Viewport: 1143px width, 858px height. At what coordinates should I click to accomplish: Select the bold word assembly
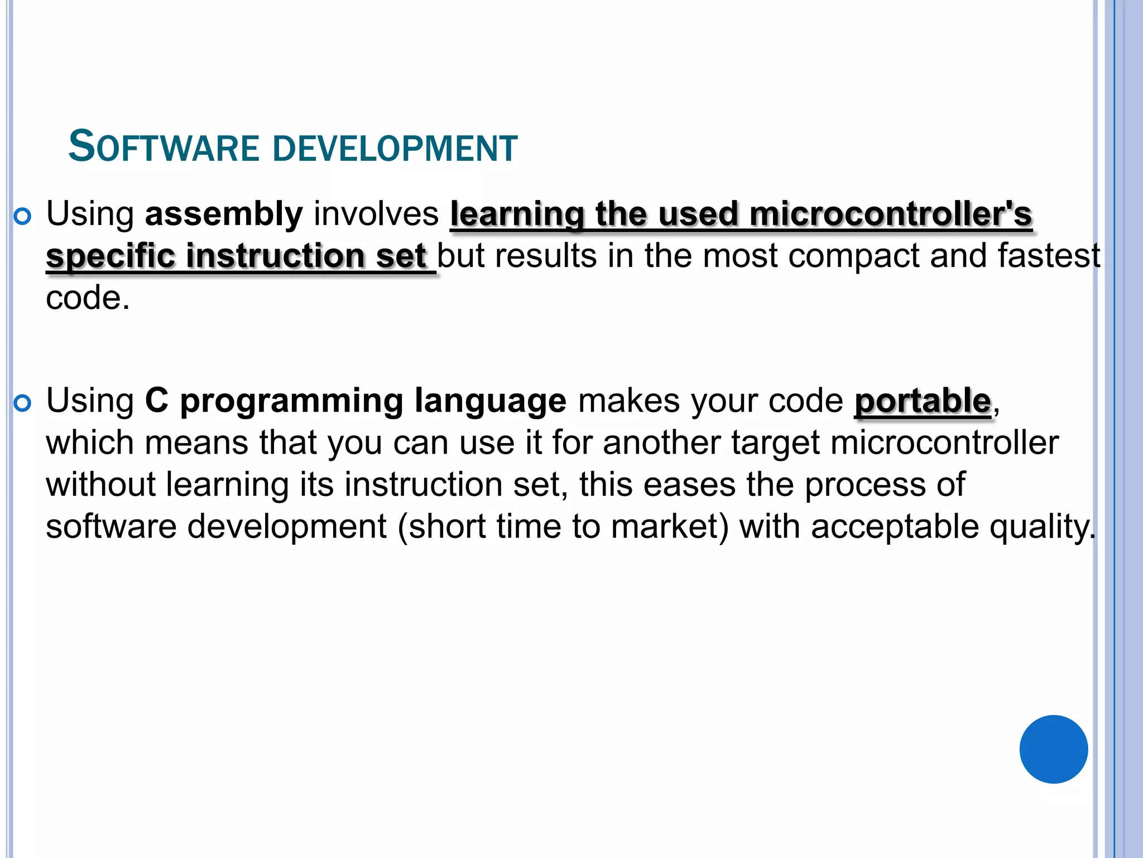(224, 214)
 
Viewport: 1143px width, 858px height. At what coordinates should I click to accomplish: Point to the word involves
(376, 214)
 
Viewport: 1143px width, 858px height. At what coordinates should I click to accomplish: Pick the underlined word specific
(110, 256)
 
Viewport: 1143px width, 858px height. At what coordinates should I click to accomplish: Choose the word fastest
(1049, 256)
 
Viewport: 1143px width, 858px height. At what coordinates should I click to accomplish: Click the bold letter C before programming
(156, 401)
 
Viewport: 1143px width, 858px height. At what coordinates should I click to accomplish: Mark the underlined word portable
(923, 401)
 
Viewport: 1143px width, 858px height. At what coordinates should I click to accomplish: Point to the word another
(662, 443)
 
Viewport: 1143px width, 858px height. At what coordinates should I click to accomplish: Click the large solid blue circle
(1053, 749)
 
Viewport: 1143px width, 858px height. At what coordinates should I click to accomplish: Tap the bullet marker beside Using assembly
(22, 217)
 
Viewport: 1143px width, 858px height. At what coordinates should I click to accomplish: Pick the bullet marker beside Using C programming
(22, 403)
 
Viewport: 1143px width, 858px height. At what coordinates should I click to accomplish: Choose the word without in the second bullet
(100, 484)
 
